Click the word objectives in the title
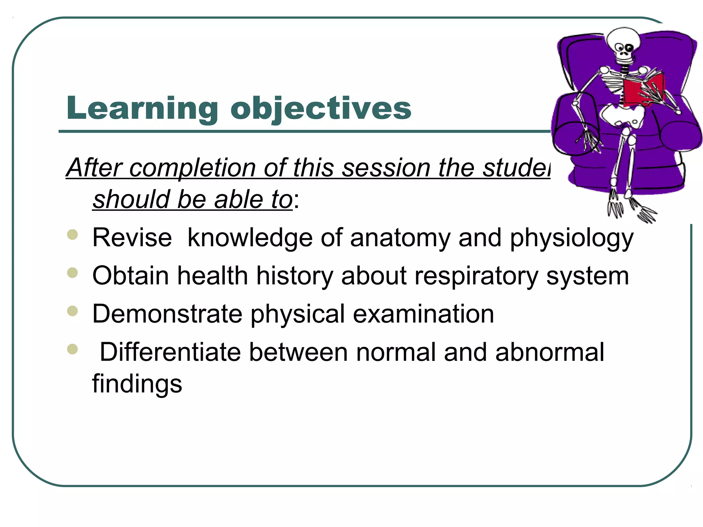[321, 109]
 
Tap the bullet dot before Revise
[73, 235]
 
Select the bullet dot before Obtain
[73, 273]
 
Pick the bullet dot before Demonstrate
[73, 311]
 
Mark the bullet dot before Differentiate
[73, 349]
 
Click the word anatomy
[400, 238]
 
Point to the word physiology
[571, 238]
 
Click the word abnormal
[549, 352]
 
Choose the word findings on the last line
[137, 384]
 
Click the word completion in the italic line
[192, 168]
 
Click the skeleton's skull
[623, 43]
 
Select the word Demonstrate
[167, 314]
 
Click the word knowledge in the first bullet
[250, 238]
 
